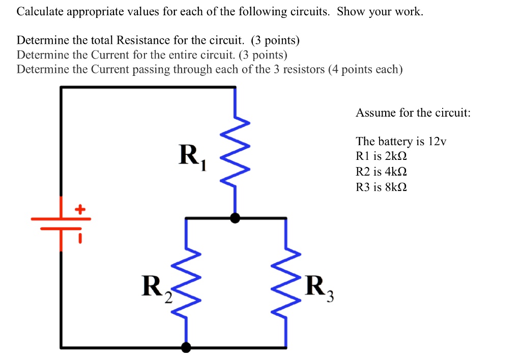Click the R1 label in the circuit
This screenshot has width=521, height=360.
[x=192, y=157]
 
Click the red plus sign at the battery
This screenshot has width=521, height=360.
[x=79, y=209]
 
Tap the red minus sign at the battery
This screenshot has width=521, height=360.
[x=79, y=238]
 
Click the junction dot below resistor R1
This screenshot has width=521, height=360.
[x=235, y=218]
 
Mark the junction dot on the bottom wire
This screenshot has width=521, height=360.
[x=187, y=348]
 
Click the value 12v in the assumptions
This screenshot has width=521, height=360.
[x=437, y=141]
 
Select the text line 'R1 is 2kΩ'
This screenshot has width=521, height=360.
[x=381, y=156]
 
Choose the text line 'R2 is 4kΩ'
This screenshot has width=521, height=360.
[x=381, y=172]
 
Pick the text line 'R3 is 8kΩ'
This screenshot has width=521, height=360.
[x=381, y=187]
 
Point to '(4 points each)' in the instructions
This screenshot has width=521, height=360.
[x=365, y=69]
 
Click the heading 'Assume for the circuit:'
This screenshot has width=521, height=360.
[x=413, y=113]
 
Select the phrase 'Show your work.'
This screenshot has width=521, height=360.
[x=380, y=12]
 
